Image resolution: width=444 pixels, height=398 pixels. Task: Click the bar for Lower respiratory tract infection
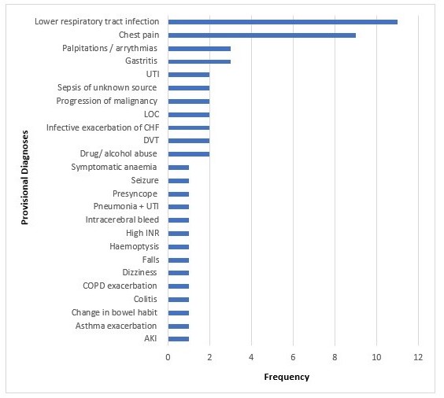click(x=283, y=22)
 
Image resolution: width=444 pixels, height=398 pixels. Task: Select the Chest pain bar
click(x=262, y=35)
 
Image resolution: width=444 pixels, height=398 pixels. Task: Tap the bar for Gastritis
click(x=199, y=61)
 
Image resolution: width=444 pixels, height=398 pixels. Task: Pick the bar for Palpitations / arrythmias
click(x=199, y=49)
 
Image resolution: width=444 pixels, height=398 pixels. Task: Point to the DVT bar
click(x=189, y=141)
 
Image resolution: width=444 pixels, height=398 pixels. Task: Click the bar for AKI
click(x=179, y=339)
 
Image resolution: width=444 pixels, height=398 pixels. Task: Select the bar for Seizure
click(x=179, y=181)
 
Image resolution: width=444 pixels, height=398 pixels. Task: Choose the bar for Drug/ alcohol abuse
click(x=189, y=154)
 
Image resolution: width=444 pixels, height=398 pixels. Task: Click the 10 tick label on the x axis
click(x=376, y=357)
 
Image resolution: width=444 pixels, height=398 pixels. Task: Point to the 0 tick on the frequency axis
click(x=168, y=357)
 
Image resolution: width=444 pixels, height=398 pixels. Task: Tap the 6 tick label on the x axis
click(x=293, y=357)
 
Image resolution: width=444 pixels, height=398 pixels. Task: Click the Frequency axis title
click(x=287, y=377)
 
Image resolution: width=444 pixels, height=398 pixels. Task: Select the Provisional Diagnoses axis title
click(x=25, y=177)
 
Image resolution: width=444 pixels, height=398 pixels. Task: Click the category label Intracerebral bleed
click(x=122, y=219)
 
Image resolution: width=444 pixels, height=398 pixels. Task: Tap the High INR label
click(x=142, y=233)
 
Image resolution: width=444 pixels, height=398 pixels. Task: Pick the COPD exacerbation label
click(x=120, y=286)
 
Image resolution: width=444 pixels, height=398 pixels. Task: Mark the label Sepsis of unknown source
click(x=107, y=87)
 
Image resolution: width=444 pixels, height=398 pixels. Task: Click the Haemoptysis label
click(x=134, y=247)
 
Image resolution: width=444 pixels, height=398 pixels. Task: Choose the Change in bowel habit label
click(x=114, y=312)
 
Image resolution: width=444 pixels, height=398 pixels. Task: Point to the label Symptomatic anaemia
click(x=114, y=168)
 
